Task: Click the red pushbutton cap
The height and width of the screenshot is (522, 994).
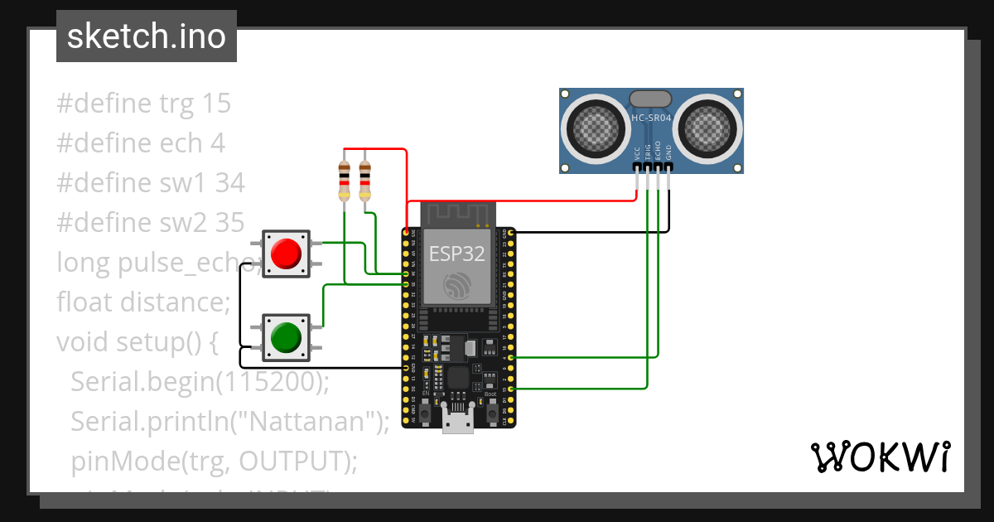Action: click(x=286, y=253)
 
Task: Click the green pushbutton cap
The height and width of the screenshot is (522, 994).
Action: click(x=286, y=337)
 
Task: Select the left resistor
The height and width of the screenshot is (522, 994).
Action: click(x=345, y=181)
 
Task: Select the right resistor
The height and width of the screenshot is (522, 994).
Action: click(x=365, y=181)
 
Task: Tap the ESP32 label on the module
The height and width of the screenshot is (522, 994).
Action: click(x=456, y=254)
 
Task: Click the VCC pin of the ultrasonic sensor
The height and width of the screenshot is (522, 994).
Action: click(x=636, y=167)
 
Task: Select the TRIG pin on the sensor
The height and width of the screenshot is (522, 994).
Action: click(x=647, y=167)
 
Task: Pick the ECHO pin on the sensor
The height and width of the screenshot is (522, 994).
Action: click(x=658, y=167)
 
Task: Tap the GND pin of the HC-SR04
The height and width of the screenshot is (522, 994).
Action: click(x=668, y=167)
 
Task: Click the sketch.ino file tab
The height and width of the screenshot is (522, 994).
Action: click(x=147, y=37)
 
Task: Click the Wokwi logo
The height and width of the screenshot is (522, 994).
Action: click(x=880, y=457)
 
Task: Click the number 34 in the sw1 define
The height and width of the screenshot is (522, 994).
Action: click(x=229, y=183)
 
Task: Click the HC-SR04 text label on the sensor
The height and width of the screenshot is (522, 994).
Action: click(x=651, y=118)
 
